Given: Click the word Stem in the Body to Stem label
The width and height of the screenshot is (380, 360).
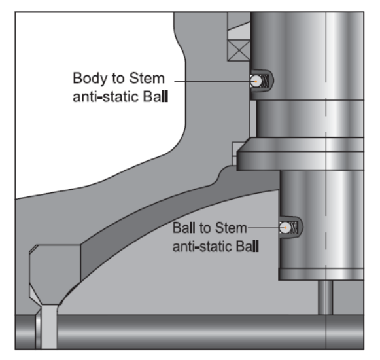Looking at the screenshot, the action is pos(147,78).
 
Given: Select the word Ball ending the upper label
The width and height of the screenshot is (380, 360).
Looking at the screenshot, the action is pos(156,96).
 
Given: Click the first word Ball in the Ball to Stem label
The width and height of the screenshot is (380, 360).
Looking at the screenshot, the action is pos(184,228).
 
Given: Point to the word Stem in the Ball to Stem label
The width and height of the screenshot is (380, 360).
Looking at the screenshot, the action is pos(231,228).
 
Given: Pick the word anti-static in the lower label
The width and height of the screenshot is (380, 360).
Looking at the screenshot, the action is pos(202,247).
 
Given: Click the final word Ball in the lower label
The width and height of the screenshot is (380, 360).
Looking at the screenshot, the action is pos(247,246).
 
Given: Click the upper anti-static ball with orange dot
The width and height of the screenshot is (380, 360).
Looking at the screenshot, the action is pos(256,81).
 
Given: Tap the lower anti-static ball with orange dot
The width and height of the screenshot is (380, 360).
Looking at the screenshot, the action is pos(285,228).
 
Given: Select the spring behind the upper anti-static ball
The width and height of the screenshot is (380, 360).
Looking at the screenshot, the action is pos(266,81).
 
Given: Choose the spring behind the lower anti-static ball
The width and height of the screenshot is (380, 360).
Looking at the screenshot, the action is pos(294,228).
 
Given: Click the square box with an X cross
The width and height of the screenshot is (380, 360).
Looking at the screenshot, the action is pos(239,50).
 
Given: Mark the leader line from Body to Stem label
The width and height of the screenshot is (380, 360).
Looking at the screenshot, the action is pos(213,81).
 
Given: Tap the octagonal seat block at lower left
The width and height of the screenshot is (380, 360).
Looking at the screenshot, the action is pos(55,275).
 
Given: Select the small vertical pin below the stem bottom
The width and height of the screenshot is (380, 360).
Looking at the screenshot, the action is pos(326,298).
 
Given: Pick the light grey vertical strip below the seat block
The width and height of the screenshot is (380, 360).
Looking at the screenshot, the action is pos(49,327).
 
